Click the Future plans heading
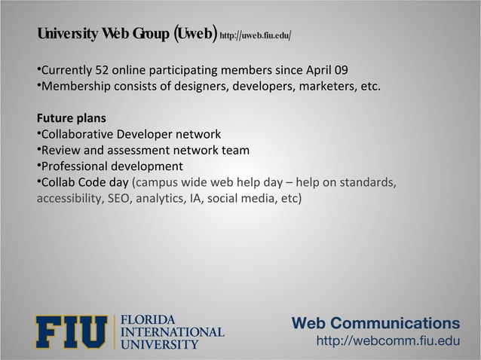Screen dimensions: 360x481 (x=72, y=119)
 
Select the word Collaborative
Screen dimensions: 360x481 (x=77, y=135)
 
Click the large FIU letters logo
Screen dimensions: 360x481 (x=72, y=332)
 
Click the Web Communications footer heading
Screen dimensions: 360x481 (x=375, y=324)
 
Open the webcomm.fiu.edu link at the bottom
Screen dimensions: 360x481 (x=387, y=343)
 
